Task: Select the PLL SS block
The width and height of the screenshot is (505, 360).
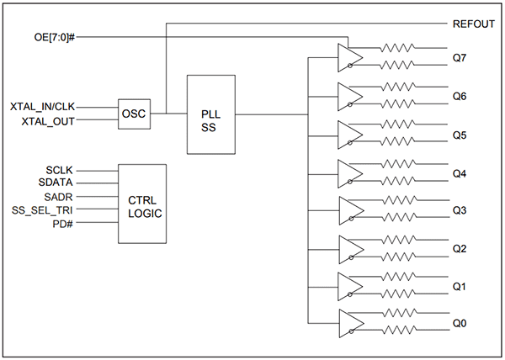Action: [210, 114]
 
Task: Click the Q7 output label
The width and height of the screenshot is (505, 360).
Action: [460, 57]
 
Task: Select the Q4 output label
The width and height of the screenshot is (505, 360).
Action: [460, 173]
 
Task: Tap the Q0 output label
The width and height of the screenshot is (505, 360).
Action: [460, 324]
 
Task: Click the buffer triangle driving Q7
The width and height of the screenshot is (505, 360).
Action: [348, 56]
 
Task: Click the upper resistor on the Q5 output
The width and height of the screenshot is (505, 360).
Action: [399, 124]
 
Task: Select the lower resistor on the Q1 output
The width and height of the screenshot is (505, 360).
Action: [399, 296]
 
